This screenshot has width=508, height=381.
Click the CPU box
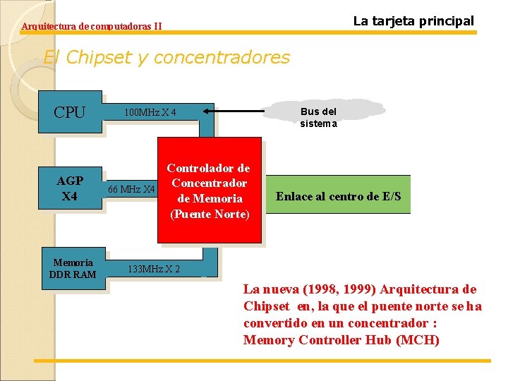pos(70,112)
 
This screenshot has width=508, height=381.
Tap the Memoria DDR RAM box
pos(73,268)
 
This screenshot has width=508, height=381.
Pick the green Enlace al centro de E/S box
pos(338,195)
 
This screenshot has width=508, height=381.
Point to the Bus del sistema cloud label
pos(318,117)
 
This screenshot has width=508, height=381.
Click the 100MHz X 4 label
pos(150,113)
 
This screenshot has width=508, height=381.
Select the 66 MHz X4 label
pos(131,189)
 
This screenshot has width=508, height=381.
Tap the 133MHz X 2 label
pos(153,269)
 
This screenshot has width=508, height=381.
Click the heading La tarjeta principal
pos(413,21)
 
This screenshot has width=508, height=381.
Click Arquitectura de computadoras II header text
pos(92,27)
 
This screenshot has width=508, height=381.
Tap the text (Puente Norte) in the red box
pos(210,214)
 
